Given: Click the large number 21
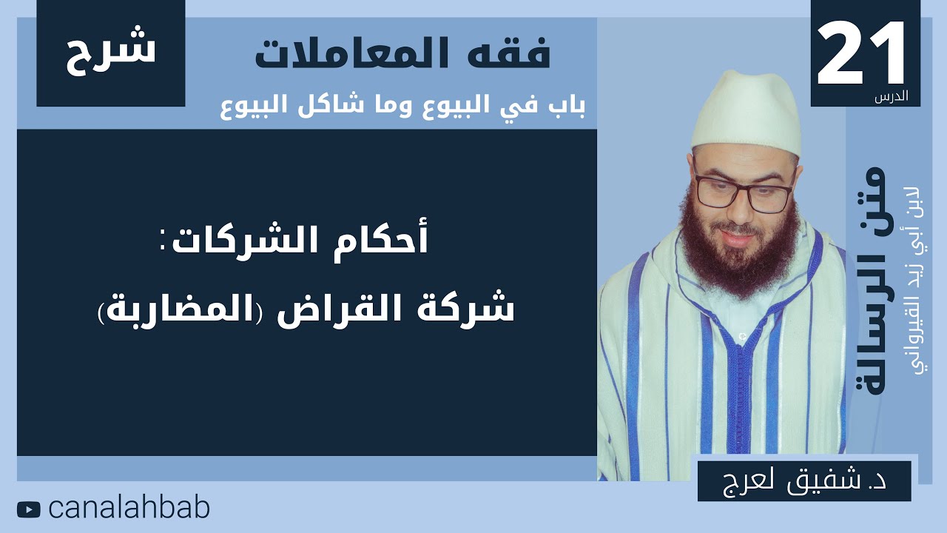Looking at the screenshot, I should point(863,53).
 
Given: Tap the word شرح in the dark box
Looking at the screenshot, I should point(111,50).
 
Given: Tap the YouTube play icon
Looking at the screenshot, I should point(29,509).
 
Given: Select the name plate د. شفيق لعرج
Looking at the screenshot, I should point(804,479).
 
